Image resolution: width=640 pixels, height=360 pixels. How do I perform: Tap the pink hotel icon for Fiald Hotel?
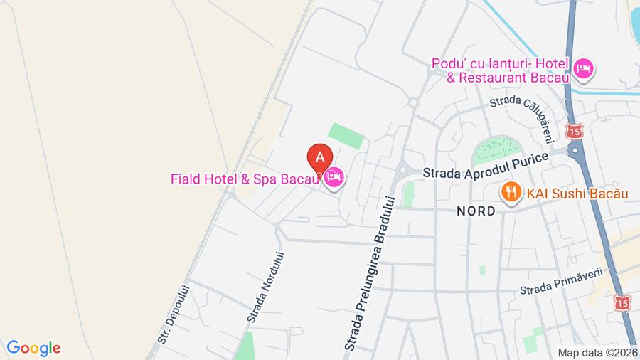point(334,178)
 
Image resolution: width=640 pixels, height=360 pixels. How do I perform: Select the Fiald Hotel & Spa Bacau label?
point(244,179)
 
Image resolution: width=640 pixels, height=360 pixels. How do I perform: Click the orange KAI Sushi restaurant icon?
point(509,191)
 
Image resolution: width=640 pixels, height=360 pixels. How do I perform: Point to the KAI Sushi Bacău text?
point(577,192)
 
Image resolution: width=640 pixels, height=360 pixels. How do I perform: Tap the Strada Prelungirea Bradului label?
point(369,272)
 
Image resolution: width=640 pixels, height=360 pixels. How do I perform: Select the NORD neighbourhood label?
point(476,212)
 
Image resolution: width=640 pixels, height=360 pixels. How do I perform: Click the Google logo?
point(33,348)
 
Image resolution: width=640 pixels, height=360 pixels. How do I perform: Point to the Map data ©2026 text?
point(597,352)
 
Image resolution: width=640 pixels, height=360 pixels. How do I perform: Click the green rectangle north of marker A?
point(346,135)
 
